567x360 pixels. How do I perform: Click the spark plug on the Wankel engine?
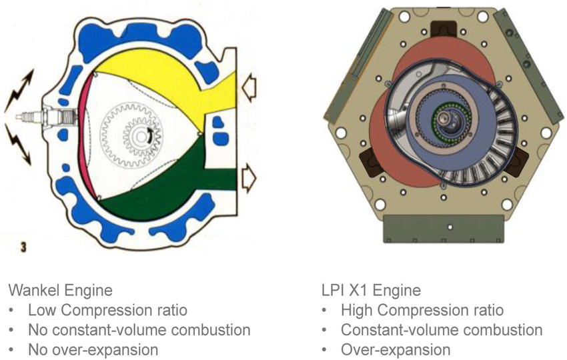(x=47, y=117)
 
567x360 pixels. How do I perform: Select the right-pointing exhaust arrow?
(x=249, y=177)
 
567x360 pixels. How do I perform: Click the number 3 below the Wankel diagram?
(x=23, y=247)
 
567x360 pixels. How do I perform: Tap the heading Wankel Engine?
(x=61, y=291)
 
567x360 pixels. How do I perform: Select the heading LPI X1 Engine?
(x=371, y=291)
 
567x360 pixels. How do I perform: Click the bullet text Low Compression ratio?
(x=108, y=310)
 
